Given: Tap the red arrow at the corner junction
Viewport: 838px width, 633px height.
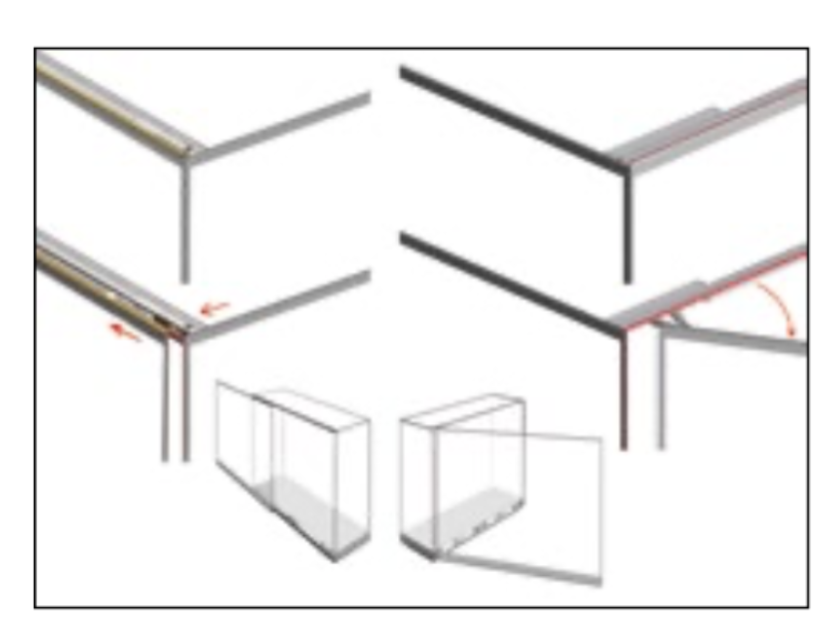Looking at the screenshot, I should coord(214,308).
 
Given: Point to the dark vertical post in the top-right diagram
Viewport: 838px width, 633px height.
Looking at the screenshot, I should coord(627,225).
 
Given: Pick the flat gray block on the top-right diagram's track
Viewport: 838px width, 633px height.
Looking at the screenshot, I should coord(668,135).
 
